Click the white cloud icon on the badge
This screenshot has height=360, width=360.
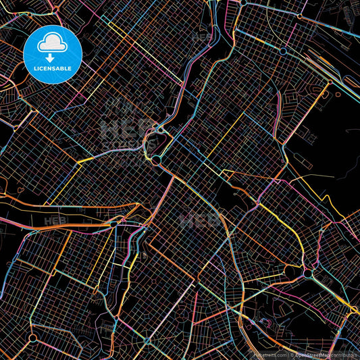pos(53,43)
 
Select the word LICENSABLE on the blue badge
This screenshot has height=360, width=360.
pos(53,68)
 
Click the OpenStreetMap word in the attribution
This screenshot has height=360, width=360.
pos(312,354)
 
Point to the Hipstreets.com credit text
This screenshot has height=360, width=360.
pos(271,354)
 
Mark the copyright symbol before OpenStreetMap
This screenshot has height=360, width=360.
pos(291,354)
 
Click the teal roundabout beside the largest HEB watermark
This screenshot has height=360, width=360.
pos(157,160)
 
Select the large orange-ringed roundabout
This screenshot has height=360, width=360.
pos(309,274)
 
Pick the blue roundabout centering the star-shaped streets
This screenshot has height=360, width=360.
pos(283,51)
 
